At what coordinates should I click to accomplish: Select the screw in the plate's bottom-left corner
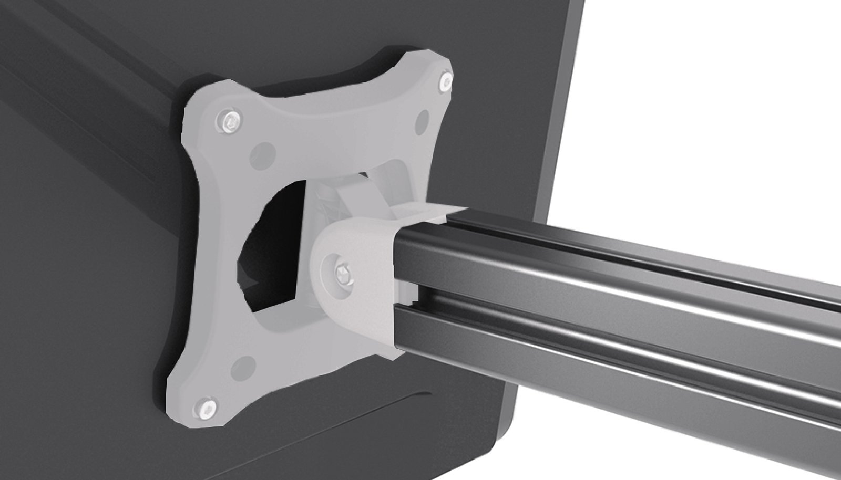click(207, 406)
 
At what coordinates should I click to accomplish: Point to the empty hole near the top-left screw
click(263, 153)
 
